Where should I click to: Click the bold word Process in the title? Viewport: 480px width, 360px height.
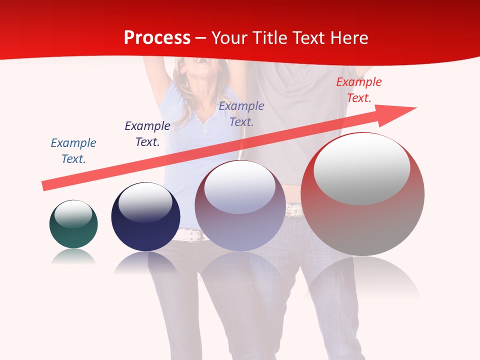pyautogui.click(x=157, y=38)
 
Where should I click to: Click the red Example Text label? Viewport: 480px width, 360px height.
pyautogui.click(x=359, y=90)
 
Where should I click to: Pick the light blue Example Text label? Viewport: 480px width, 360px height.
pyautogui.click(x=73, y=150)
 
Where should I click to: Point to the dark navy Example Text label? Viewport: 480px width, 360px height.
pyautogui.click(x=147, y=133)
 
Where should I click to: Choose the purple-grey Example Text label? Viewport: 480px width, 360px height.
pyautogui.click(x=241, y=113)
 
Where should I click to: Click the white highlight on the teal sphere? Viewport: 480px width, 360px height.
pyautogui.click(x=73, y=213)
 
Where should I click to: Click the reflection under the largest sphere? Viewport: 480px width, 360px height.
pyautogui.click(x=362, y=277)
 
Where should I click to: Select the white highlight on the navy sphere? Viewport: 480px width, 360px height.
pyautogui.click(x=145, y=201)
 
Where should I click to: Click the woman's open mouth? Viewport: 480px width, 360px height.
pyautogui.click(x=203, y=61)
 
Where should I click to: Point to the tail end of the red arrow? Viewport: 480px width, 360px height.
pyautogui.click(x=44, y=186)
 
